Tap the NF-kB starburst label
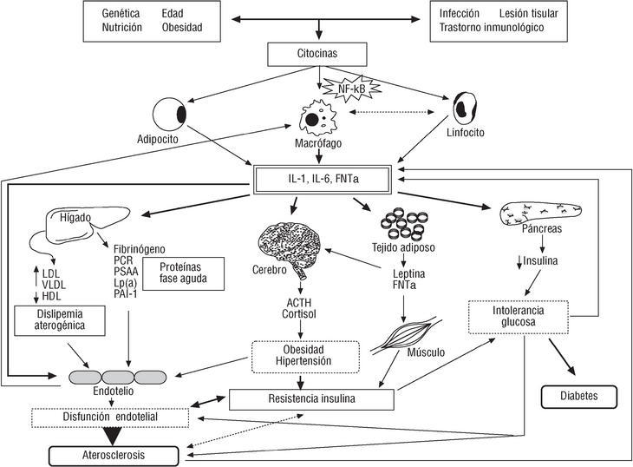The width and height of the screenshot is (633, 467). click(x=341, y=88)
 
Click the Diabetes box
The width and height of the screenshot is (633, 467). click(x=579, y=397)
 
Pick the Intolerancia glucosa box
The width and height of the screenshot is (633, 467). click(x=518, y=318)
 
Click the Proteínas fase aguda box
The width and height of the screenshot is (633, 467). click(x=190, y=274)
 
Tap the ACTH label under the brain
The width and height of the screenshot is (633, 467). click(x=298, y=303)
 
